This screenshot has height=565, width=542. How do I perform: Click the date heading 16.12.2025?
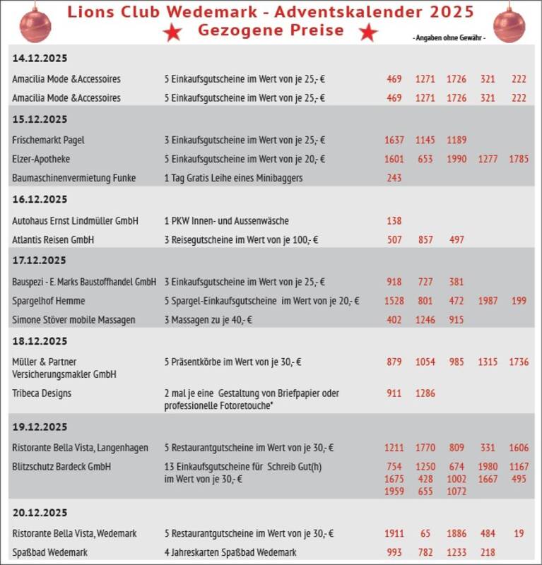point(40,199)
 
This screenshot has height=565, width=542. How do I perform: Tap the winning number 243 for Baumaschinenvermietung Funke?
point(394,178)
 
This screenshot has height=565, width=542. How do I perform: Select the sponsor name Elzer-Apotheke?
point(41,159)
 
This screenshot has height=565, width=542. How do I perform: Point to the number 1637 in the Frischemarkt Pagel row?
point(394,140)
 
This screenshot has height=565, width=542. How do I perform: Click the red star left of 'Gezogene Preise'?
point(172,32)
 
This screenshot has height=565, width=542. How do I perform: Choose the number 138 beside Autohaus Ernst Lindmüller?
point(394,221)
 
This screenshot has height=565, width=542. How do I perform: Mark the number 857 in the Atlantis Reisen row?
point(425,240)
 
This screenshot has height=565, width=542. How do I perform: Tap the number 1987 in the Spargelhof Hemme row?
point(488,301)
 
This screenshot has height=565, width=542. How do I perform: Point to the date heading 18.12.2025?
point(40,341)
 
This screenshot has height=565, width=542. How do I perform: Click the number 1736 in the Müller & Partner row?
point(518,362)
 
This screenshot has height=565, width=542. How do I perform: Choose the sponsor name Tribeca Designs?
point(42,393)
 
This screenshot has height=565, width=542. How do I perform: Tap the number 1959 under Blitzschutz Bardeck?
point(394,492)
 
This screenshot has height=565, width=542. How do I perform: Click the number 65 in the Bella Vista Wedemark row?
point(425,533)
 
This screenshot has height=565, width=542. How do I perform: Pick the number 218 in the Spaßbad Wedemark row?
point(488,552)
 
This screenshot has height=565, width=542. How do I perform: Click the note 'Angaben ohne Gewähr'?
point(449,37)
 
